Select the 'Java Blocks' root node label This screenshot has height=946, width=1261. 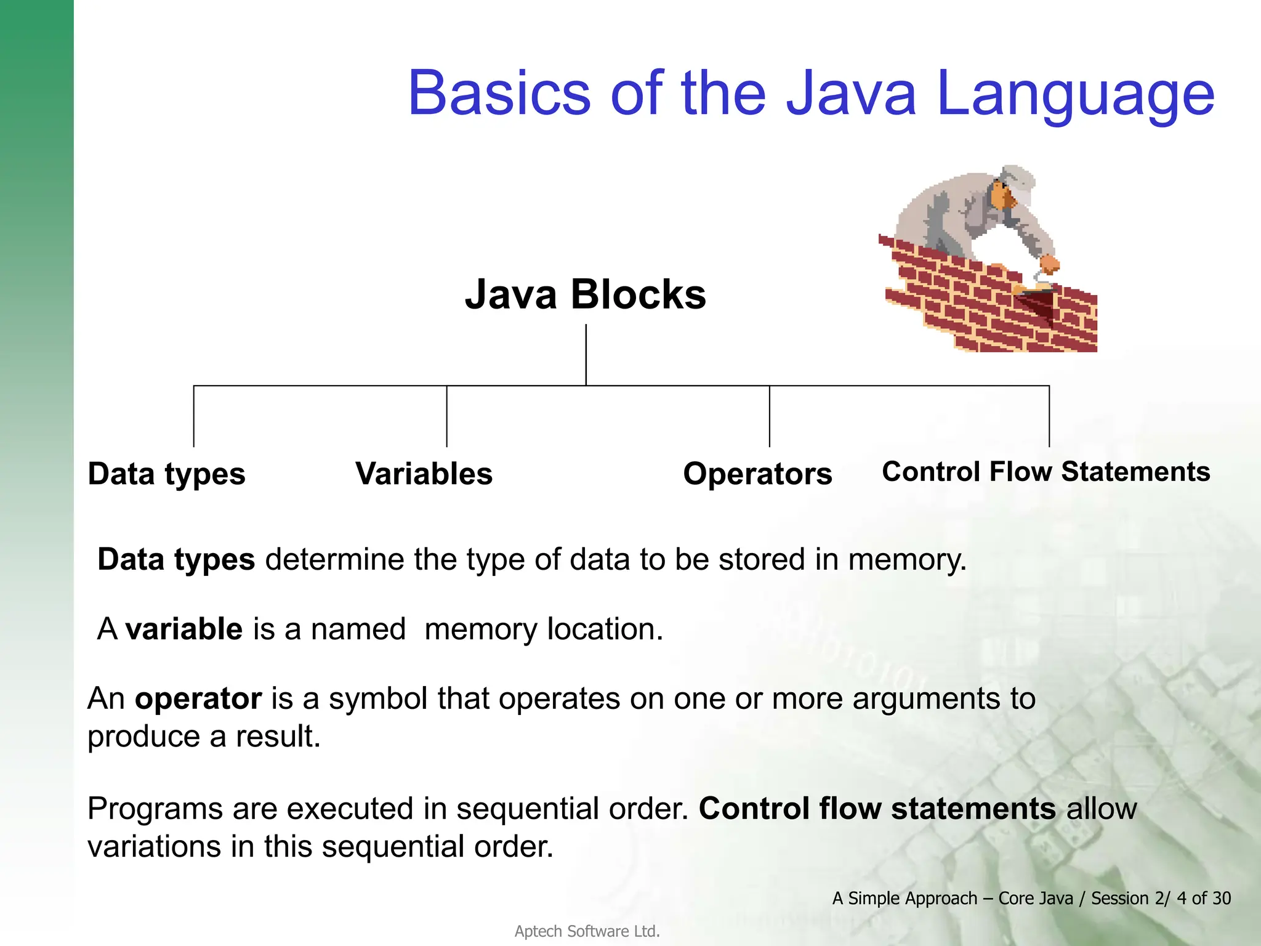pyautogui.click(x=585, y=294)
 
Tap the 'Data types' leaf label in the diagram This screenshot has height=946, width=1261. pyautogui.click(x=166, y=474)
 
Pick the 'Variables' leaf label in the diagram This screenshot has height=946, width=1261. pyautogui.click(x=424, y=474)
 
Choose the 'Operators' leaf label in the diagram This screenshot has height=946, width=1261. pyautogui.click(x=757, y=474)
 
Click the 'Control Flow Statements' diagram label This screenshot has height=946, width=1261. pyautogui.click(x=1045, y=472)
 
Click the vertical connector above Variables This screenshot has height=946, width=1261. pyautogui.click(x=446, y=416)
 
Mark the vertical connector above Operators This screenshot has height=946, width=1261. pyautogui.click(x=769, y=416)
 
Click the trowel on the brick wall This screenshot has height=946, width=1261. pyautogui.click(x=1041, y=302)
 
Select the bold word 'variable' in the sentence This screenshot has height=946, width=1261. pyautogui.click(x=183, y=629)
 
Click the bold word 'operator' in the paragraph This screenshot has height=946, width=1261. pyautogui.click(x=198, y=699)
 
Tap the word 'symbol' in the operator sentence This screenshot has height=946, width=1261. pyautogui.click(x=377, y=699)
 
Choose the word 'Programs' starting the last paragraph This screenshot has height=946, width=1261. pyautogui.click(x=155, y=809)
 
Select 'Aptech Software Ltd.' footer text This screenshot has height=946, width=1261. pyautogui.click(x=587, y=931)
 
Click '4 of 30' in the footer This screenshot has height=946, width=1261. pyautogui.click(x=1203, y=899)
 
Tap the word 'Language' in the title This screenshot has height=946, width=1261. pyautogui.click(x=1075, y=94)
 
